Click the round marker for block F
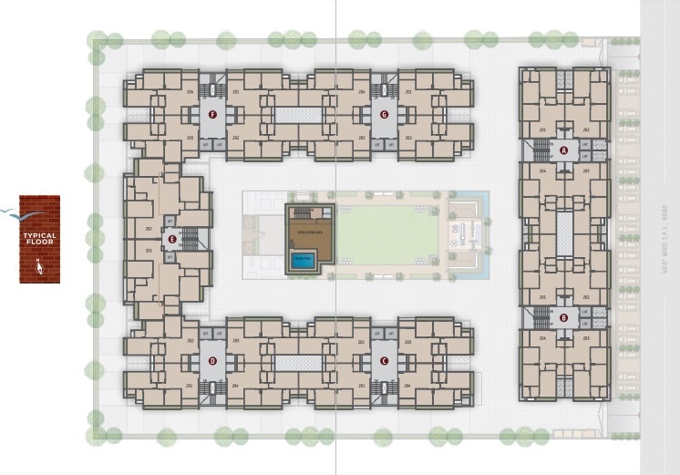point(212,115)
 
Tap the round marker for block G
point(384,115)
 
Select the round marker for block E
point(171,240)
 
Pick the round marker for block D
point(212,361)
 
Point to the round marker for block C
point(384,361)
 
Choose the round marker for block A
point(563,150)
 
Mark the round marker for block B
point(563,318)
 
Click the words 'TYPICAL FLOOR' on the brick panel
point(39,238)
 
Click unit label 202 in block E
point(148,229)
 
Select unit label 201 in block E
point(148,251)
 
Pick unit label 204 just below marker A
point(542,170)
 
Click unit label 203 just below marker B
point(585,338)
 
